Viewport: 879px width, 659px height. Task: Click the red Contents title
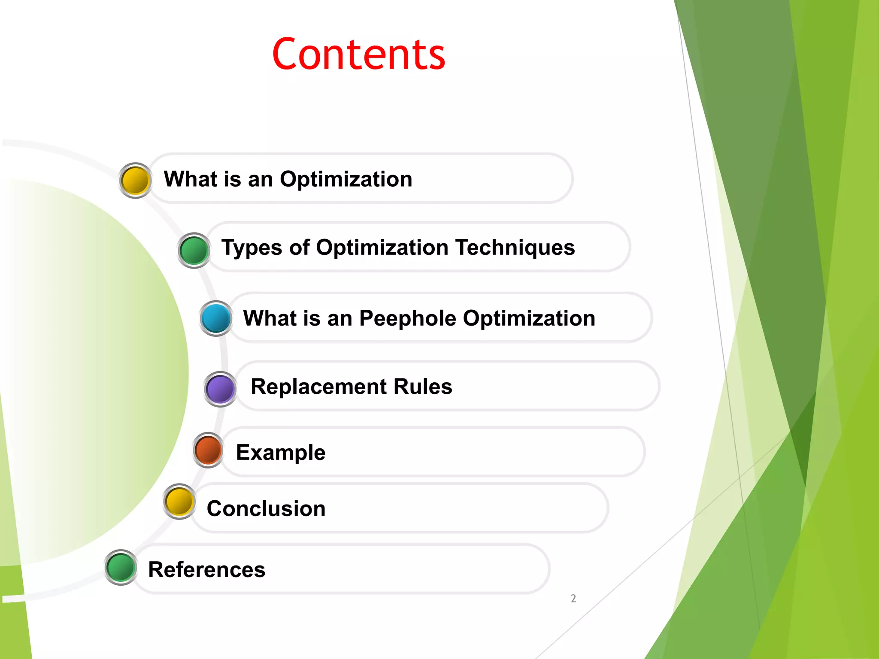(x=359, y=54)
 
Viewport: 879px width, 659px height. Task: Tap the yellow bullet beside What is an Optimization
(x=135, y=180)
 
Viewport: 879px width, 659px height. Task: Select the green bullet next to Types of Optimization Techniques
(x=194, y=250)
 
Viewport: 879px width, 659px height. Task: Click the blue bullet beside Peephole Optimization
(x=216, y=318)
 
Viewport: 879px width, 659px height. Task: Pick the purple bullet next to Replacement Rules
(x=220, y=389)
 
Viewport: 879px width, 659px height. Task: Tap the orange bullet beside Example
(x=208, y=450)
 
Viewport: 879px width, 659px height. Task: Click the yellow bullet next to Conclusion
(x=179, y=501)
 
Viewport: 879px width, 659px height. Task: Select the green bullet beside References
(x=121, y=567)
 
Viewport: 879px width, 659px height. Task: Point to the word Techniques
(x=515, y=248)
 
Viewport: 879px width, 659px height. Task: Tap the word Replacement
(x=318, y=387)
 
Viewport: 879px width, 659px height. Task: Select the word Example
(x=281, y=453)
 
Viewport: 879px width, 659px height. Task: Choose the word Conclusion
(x=266, y=508)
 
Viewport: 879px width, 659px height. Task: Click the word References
(x=206, y=570)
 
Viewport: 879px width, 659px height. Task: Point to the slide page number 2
(x=573, y=599)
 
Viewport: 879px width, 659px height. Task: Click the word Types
(x=252, y=248)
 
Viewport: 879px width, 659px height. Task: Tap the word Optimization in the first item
(x=346, y=179)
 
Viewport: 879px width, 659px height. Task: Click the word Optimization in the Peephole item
(x=529, y=319)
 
